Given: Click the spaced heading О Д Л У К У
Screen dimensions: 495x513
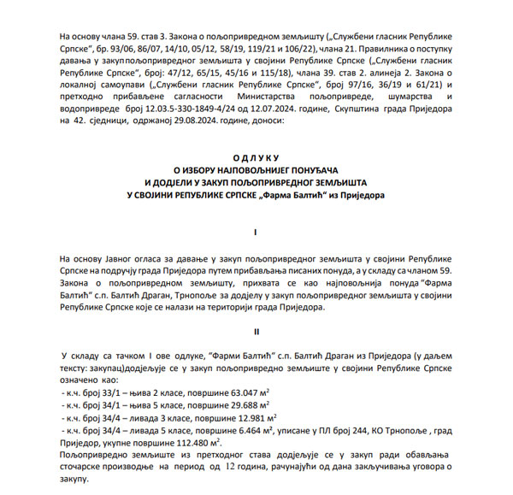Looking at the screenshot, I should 256,158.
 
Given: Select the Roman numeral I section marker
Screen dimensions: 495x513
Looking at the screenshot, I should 256,232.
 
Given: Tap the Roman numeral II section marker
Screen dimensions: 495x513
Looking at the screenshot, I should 256,329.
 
